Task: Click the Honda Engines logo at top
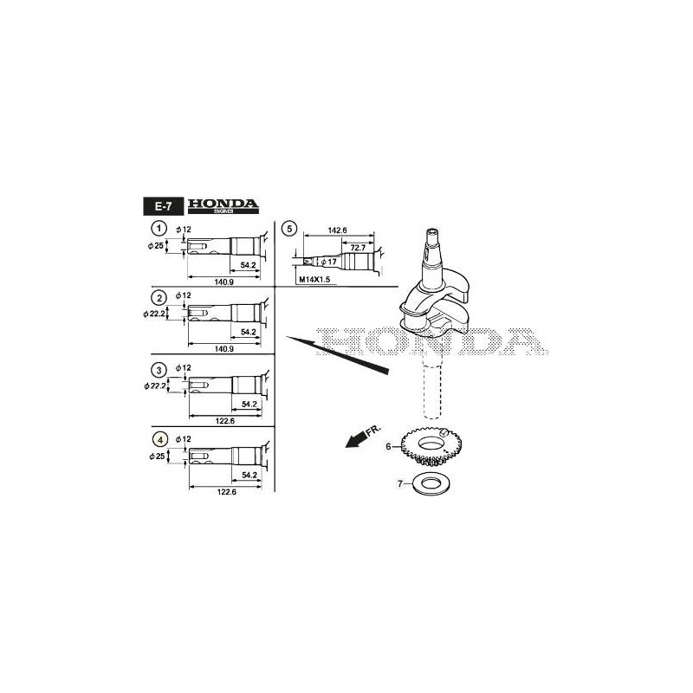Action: point(223,205)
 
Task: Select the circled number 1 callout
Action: point(159,228)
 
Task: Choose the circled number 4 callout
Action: point(159,437)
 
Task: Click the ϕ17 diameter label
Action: point(328,261)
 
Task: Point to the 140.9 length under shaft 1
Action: point(224,281)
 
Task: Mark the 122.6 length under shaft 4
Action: point(224,491)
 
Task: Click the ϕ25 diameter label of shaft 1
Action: point(156,247)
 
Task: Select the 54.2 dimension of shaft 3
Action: point(249,404)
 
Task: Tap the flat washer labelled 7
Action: point(428,482)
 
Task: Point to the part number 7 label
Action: point(400,483)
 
